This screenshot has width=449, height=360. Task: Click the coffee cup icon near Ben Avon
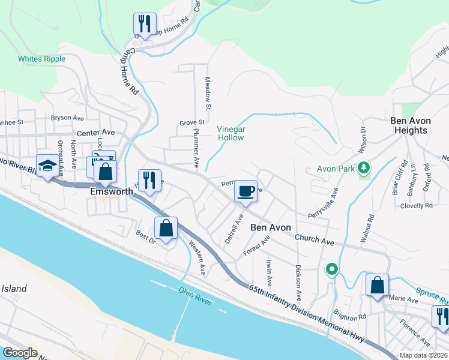pyautogui.click(x=246, y=191)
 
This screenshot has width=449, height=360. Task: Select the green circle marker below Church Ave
pyautogui.click(x=331, y=269)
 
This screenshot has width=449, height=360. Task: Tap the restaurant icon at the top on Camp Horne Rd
pyautogui.click(x=145, y=25)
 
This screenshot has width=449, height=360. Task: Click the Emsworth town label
pyautogui.click(x=111, y=191)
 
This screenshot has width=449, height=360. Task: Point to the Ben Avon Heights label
pyautogui.click(x=411, y=125)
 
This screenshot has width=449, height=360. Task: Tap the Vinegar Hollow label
pyautogui.click(x=231, y=133)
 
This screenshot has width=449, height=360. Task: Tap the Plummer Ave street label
pyautogui.click(x=196, y=146)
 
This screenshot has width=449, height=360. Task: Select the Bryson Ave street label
pyautogui.click(x=67, y=118)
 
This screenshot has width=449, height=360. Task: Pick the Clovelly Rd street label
pyautogui.click(x=417, y=205)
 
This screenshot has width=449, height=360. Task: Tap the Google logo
pyautogui.click(x=20, y=353)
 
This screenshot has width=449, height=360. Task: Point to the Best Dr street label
pyautogui.click(x=145, y=237)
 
